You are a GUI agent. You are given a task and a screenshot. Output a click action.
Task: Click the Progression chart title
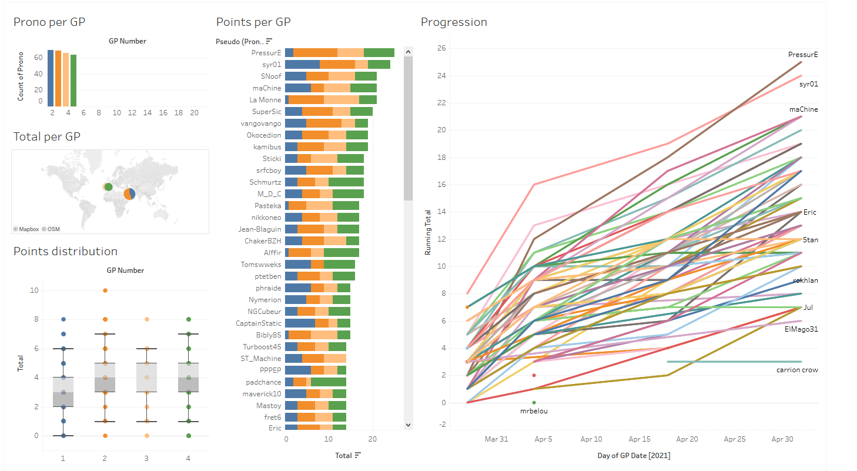454,22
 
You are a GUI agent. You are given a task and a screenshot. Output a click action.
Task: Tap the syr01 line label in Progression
809,84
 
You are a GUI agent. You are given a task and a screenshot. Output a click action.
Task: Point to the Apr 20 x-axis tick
687,439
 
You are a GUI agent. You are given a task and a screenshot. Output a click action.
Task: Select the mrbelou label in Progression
534,411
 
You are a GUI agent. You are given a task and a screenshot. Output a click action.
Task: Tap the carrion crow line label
797,370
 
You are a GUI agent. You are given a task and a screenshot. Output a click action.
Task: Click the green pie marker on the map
108,187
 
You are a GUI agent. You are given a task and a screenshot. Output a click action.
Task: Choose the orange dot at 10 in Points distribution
105,290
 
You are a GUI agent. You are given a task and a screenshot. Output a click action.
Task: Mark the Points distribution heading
65,252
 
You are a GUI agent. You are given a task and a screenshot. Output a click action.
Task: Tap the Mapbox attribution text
26,229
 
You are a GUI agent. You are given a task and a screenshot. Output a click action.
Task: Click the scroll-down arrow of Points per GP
409,425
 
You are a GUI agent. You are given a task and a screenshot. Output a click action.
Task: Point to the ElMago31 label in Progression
801,329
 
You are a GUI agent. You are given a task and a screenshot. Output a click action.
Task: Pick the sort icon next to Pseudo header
269,41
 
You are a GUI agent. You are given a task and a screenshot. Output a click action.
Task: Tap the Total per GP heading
47,137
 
